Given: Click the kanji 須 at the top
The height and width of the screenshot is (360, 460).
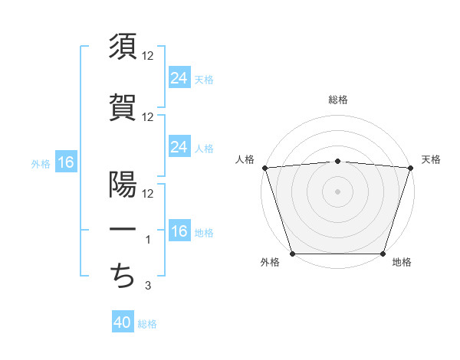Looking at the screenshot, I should point(123,47).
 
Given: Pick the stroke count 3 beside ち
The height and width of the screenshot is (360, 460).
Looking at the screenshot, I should point(149,286).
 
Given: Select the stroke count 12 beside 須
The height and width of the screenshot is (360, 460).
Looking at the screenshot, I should point(148,56).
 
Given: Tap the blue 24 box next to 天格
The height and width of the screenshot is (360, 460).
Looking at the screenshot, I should point(179,78).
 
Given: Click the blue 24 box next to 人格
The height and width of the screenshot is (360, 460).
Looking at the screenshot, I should point(179,147).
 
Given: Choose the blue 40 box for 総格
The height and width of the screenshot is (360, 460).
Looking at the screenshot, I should point(123,323).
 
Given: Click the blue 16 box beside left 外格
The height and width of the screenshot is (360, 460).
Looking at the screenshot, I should point(65,162).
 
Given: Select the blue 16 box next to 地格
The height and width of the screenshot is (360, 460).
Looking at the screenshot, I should point(179,232).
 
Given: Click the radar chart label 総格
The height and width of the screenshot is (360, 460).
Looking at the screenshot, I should point(337,100).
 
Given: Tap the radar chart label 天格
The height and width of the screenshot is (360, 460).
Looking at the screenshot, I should point(431,159).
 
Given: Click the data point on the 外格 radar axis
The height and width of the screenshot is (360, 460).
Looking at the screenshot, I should point(292,254).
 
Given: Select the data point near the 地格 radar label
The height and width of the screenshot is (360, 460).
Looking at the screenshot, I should point(383,254).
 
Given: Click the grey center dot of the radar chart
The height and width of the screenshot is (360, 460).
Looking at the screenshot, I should point(337,191).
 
